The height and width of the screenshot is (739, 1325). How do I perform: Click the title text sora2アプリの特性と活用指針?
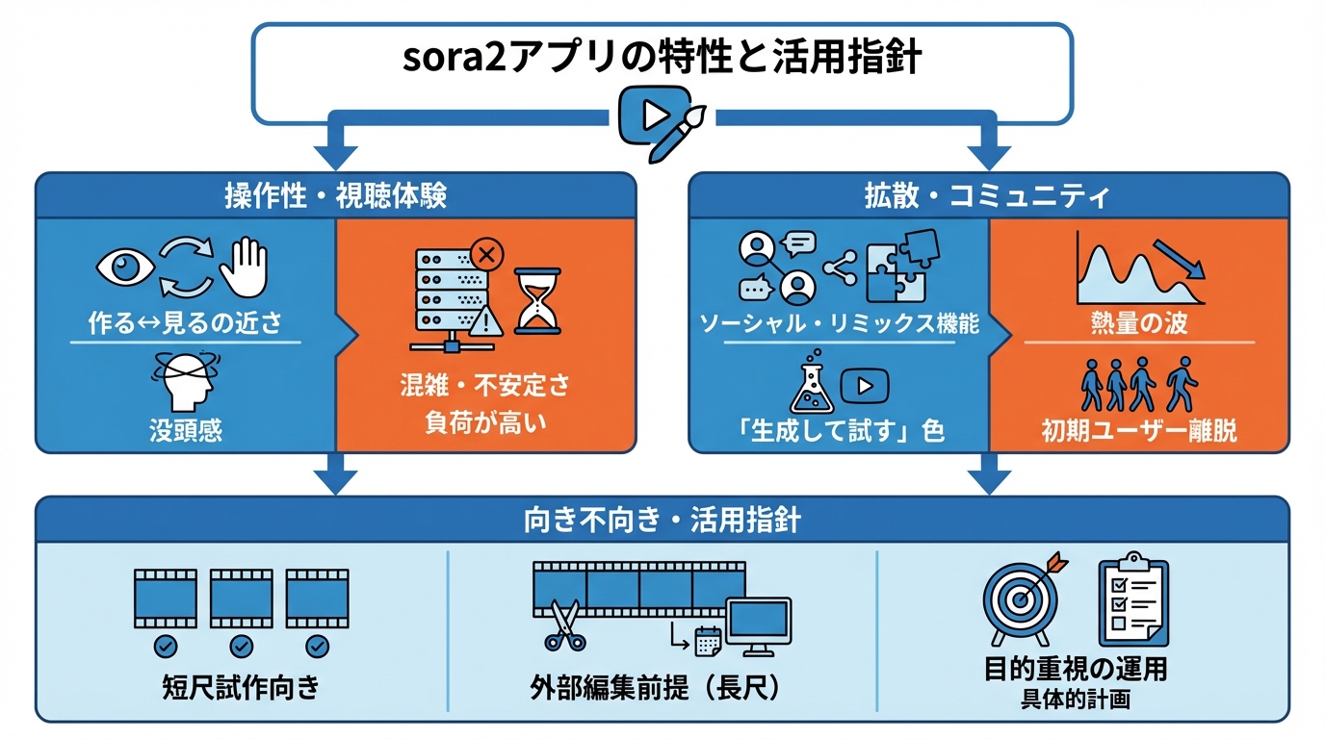point(662,57)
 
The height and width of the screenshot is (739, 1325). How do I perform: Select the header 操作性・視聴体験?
point(335,196)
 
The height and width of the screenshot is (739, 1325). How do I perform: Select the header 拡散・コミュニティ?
point(988,196)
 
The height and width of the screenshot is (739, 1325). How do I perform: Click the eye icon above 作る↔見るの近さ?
point(124,266)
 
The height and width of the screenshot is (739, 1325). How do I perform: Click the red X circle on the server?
point(486,255)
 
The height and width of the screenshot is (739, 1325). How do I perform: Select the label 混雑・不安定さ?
point(485,387)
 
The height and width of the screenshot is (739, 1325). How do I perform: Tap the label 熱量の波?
point(1139,323)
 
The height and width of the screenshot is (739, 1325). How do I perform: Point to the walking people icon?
point(1138,384)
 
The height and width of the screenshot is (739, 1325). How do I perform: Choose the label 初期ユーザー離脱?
point(1139,430)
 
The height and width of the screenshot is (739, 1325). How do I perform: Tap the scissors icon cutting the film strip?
point(563,625)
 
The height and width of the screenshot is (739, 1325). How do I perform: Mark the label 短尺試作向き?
point(241,689)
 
